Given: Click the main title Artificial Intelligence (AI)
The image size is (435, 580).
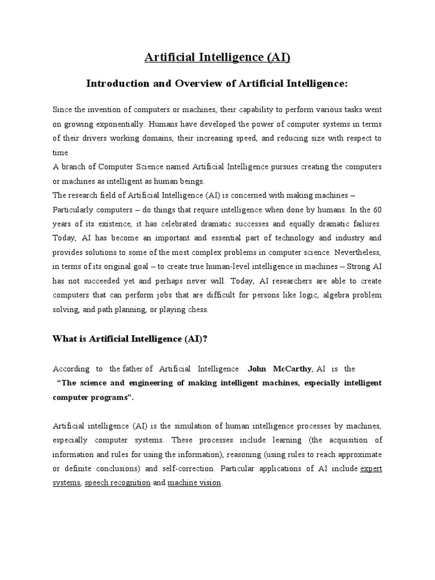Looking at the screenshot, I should click(x=217, y=57).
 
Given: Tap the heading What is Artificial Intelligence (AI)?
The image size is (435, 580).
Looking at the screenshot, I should click(x=131, y=339).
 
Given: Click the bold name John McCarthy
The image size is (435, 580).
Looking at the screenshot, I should click(x=279, y=368).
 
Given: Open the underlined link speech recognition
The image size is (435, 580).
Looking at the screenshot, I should click(x=118, y=483).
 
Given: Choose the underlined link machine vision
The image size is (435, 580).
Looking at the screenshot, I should click(x=194, y=483).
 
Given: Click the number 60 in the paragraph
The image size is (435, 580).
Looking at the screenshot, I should click(x=377, y=209).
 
